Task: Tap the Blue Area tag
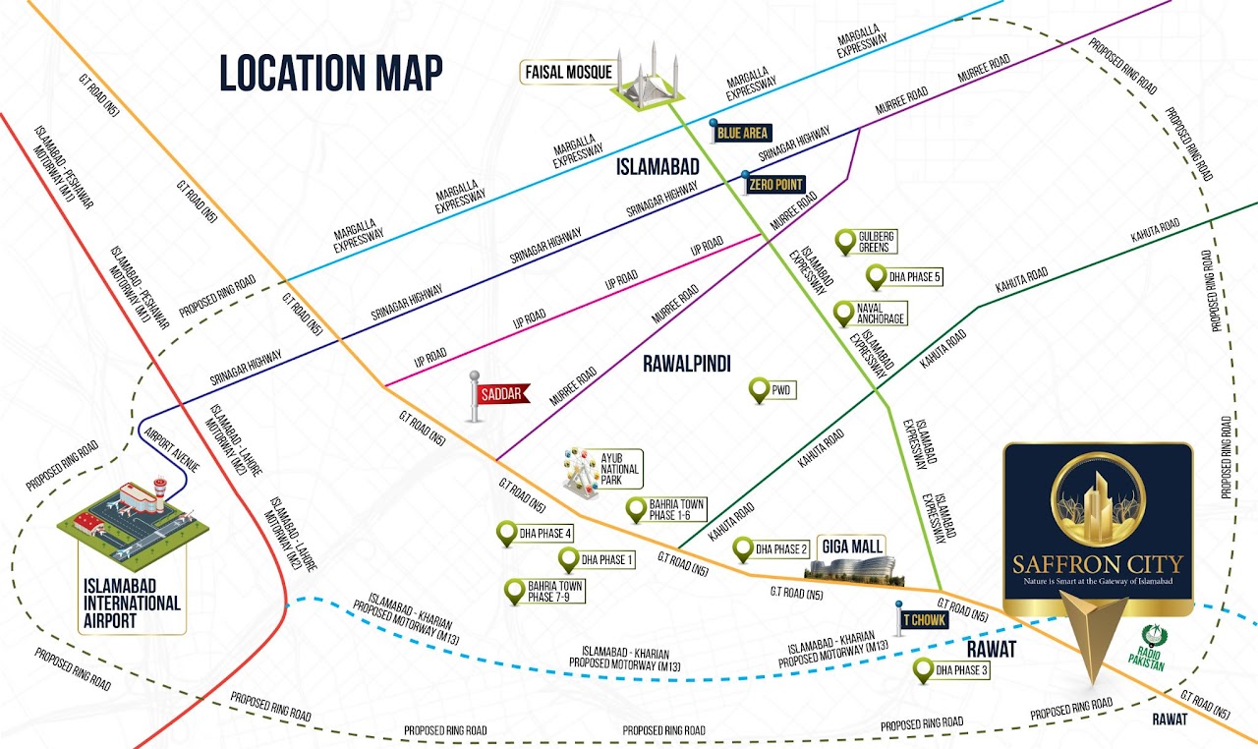click(x=743, y=133)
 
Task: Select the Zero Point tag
click(x=775, y=184)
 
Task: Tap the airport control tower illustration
click(x=157, y=491)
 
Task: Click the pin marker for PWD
click(x=759, y=390)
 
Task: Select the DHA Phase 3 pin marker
click(x=923, y=670)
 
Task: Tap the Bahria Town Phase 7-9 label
click(x=556, y=592)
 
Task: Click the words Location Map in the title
click(x=330, y=74)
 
